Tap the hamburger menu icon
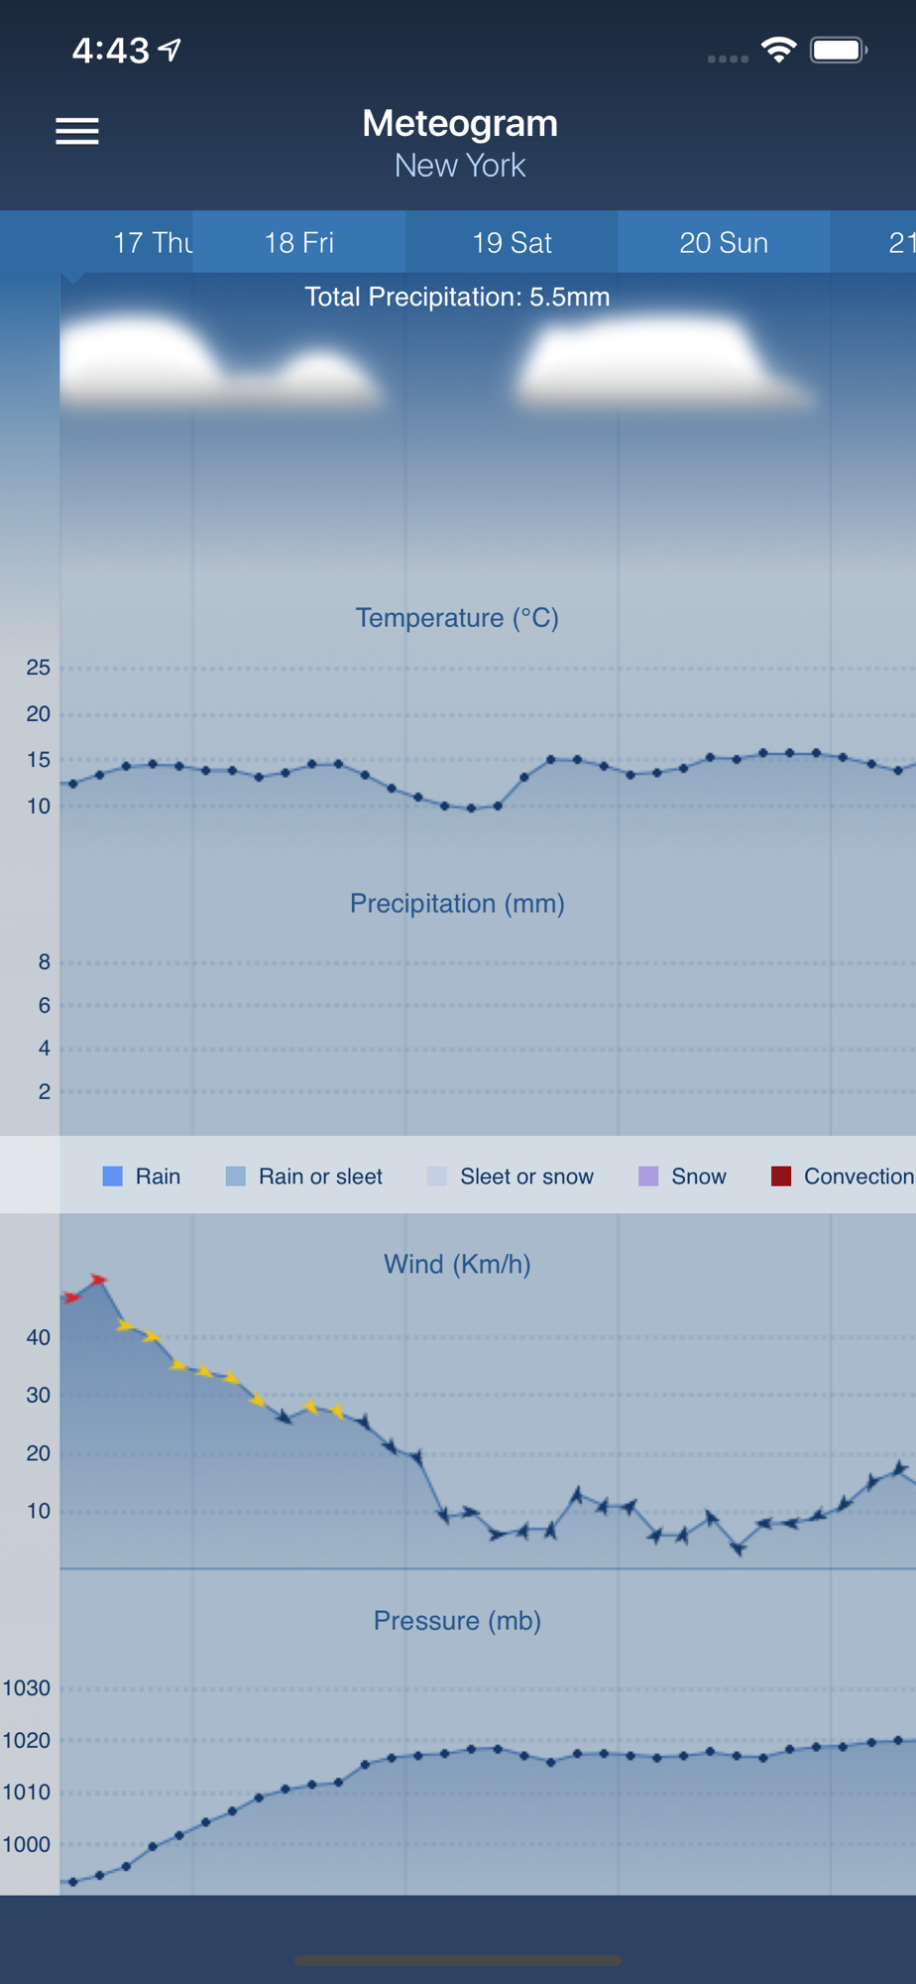[x=76, y=131]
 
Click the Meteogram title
[x=459, y=124]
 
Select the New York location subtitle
[x=459, y=166]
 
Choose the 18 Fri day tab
[x=298, y=242]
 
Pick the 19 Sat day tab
[x=512, y=242]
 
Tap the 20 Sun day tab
[x=724, y=242]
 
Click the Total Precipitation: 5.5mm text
[x=457, y=297]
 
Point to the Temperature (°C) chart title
[x=457, y=618]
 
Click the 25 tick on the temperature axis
[x=38, y=668]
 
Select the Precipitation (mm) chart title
[x=457, y=904]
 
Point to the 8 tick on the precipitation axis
[x=44, y=961]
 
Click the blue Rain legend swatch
[x=113, y=1177]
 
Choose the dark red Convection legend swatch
[x=781, y=1177]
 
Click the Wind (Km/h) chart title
[x=457, y=1264]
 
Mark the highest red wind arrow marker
[x=98, y=1280]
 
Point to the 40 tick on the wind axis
[x=38, y=1337]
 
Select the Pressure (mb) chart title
[x=457, y=1621]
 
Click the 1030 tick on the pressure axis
[x=26, y=1687]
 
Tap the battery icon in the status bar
[x=838, y=50]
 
